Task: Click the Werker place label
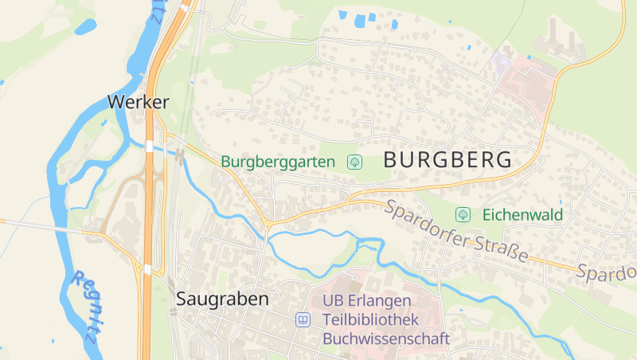(x=139, y=102)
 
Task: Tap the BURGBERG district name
(x=447, y=159)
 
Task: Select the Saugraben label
(x=222, y=299)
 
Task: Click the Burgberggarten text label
(x=279, y=162)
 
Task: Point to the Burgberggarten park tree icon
(x=355, y=162)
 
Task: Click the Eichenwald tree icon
(x=463, y=214)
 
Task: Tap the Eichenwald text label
(x=522, y=215)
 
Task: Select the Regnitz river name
(x=84, y=306)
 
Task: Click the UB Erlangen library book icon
(x=303, y=319)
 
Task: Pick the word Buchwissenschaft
(x=386, y=338)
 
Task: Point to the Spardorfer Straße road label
(x=457, y=233)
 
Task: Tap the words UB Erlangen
(x=367, y=301)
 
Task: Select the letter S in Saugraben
(x=182, y=299)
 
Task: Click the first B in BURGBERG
(x=391, y=159)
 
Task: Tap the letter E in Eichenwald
(x=487, y=215)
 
